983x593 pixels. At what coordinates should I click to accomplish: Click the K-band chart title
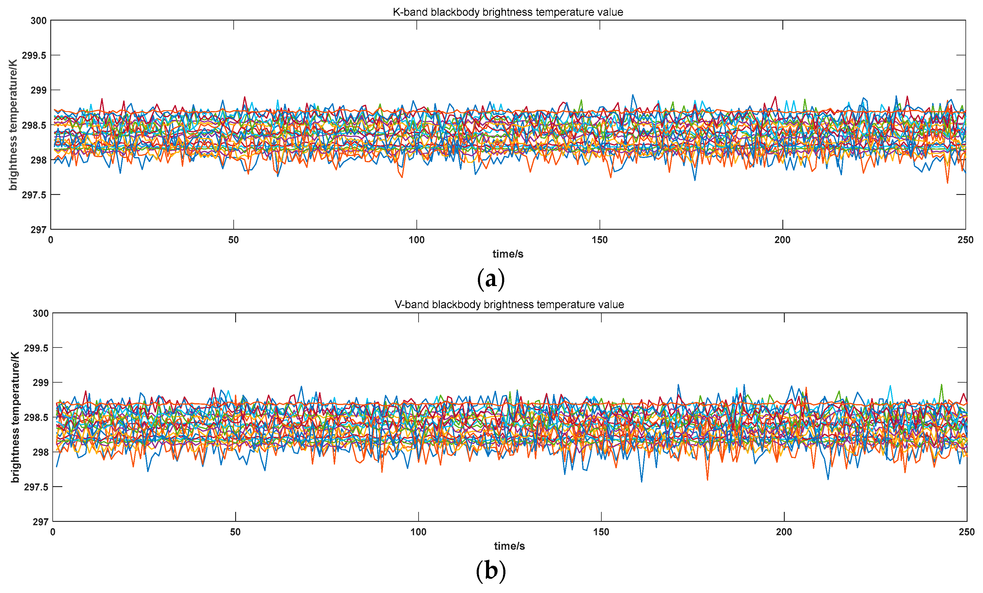508,12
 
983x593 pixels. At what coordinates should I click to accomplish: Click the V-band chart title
509,305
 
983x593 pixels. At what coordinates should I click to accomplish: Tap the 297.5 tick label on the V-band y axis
36,487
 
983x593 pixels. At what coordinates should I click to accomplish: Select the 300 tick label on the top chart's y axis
39,21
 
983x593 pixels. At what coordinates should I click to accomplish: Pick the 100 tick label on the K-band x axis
416,240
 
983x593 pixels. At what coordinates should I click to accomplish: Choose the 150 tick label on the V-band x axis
601,532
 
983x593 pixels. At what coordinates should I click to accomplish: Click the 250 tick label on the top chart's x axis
965,240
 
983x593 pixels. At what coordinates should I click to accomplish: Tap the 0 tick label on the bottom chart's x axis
53,532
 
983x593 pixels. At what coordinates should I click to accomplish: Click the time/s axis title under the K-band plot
508,254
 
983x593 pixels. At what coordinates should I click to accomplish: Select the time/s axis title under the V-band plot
509,546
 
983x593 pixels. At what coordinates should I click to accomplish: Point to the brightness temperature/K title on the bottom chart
15,417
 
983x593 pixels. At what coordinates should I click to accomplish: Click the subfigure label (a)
491,278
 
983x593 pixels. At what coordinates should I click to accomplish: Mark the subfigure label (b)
491,571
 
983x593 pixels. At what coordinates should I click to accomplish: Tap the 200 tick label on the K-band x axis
782,240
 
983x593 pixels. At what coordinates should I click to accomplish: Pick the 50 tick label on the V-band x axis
235,532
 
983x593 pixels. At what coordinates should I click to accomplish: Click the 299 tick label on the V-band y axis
41,383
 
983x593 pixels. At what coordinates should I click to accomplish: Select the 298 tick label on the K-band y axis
39,160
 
